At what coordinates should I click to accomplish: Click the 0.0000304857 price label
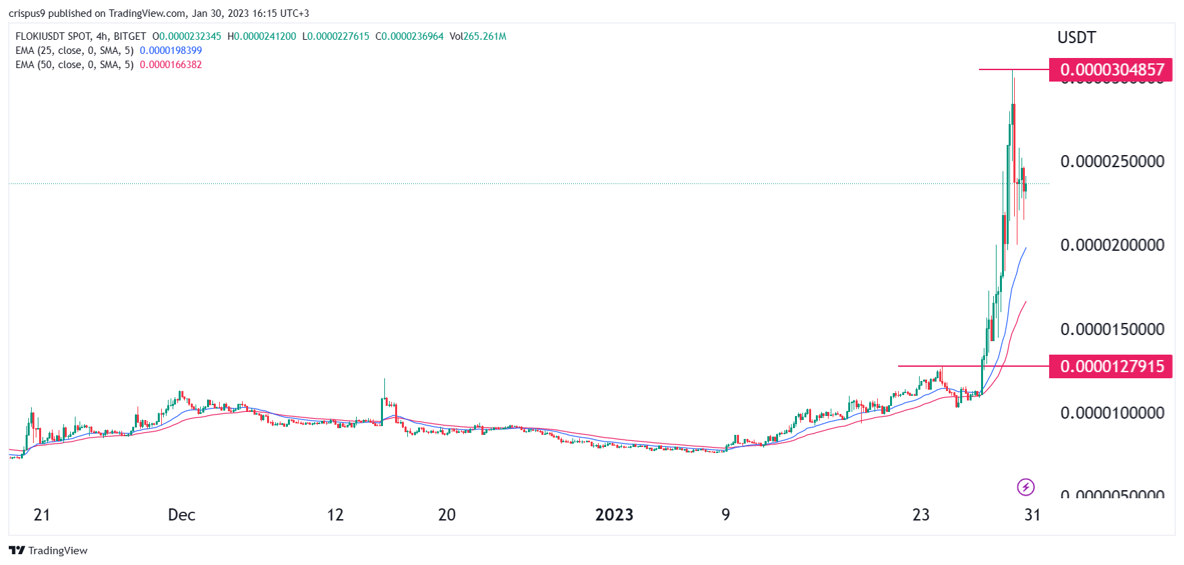[1111, 70]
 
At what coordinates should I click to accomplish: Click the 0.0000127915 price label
[1111, 367]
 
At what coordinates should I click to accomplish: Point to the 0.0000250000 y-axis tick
[1112, 162]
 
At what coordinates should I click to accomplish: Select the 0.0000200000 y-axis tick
[1112, 245]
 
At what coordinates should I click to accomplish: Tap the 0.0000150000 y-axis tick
[1112, 330]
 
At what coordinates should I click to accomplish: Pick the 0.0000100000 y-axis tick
[1112, 413]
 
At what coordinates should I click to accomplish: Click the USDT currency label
[1076, 38]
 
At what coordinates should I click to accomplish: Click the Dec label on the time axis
[181, 515]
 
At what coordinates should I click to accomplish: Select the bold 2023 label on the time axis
[614, 515]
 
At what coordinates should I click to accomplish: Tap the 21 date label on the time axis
[42, 515]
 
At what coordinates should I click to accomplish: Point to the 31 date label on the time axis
[1032, 515]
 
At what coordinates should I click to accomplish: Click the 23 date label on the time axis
[920, 515]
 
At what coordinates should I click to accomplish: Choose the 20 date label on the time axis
[446, 515]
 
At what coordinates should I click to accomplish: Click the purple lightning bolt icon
[1026, 487]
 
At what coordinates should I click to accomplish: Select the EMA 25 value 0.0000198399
[171, 51]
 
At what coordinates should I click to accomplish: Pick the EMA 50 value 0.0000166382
[171, 65]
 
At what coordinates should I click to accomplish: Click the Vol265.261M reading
[478, 36]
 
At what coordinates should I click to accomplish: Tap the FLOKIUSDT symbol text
[40, 36]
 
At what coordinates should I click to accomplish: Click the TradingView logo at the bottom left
[49, 551]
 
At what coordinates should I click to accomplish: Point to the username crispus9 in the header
[26, 13]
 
